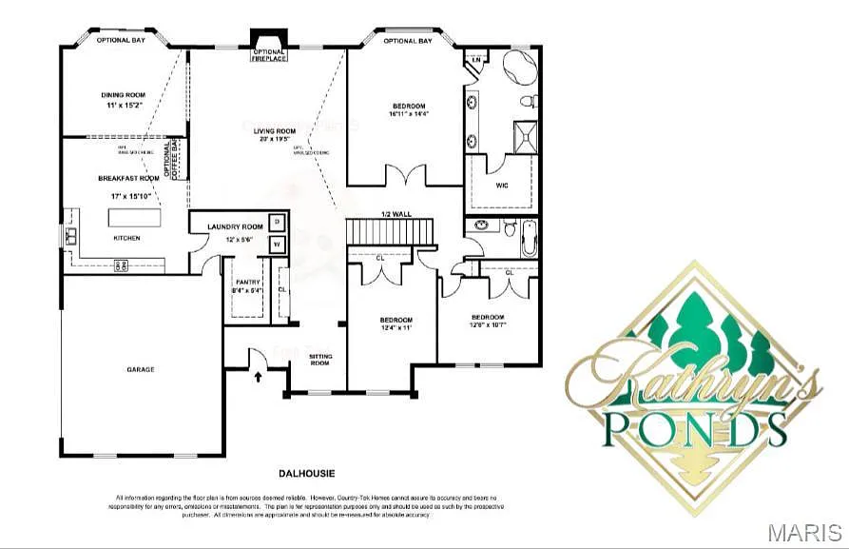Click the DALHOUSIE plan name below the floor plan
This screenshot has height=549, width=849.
pyautogui.click(x=307, y=472)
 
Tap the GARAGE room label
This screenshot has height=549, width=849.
pyautogui.click(x=141, y=369)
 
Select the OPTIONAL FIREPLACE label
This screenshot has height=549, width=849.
pyautogui.click(x=268, y=55)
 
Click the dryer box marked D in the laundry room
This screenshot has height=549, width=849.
pyautogui.click(x=277, y=222)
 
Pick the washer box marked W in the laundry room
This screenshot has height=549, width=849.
pyautogui.click(x=277, y=245)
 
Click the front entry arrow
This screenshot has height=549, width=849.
pyautogui.click(x=259, y=377)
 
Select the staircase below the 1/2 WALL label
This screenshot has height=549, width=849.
pyautogui.click(x=389, y=231)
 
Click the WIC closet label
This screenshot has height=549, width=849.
pyautogui.click(x=502, y=185)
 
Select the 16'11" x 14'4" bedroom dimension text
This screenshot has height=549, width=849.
pyautogui.click(x=409, y=114)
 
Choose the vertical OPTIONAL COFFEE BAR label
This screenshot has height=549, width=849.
pyautogui.click(x=172, y=158)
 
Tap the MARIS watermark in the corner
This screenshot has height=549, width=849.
pyautogui.click(x=804, y=531)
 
